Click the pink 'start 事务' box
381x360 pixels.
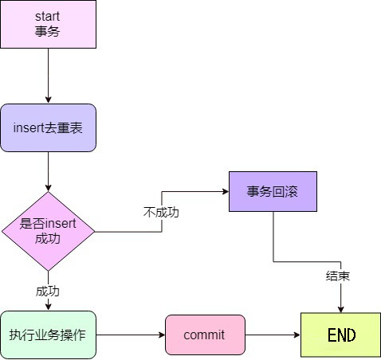point(48,24)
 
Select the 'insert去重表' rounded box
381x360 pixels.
point(48,127)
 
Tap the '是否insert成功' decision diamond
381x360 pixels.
point(48,231)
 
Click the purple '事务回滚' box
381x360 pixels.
point(273,191)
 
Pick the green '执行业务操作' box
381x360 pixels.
point(48,335)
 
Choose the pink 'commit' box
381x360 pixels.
point(205,335)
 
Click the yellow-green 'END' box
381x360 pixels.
point(340,335)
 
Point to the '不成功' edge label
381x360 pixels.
point(161,213)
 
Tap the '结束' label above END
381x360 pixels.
point(338,276)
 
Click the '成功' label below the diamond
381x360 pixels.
point(48,292)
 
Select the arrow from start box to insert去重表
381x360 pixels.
point(48,76)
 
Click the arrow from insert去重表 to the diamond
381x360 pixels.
point(48,172)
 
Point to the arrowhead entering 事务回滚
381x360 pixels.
point(226,191)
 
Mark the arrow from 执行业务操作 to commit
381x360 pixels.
point(131,335)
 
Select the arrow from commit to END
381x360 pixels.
point(273,335)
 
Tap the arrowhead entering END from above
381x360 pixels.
point(341,309)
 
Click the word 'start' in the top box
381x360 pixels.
point(47,17)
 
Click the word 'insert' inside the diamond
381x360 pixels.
point(61,224)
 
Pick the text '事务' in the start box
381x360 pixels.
point(47,31)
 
